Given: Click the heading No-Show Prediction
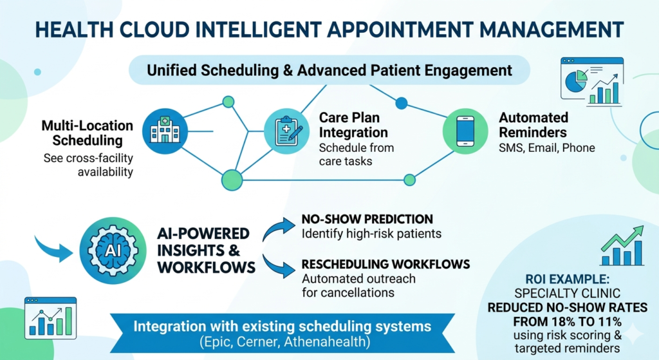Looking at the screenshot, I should click(367, 219).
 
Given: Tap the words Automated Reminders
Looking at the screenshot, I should click(534, 126).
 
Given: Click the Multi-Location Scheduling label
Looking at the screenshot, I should click(87, 133).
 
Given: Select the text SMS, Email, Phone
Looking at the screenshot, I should click(546, 148).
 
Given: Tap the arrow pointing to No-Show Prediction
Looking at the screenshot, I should click(279, 227).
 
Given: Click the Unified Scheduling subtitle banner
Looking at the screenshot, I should click(329, 70).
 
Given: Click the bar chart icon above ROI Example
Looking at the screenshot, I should click(621, 246).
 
